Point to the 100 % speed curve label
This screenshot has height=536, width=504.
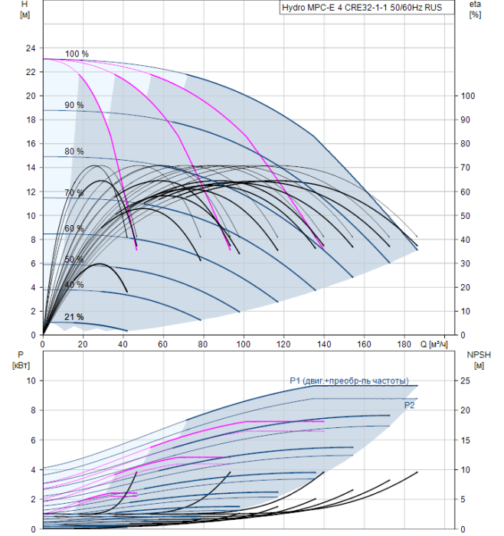(x=77, y=54)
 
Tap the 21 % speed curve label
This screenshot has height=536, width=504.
(x=74, y=317)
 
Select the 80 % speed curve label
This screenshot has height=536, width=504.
(x=74, y=151)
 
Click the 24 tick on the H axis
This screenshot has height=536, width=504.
(x=31, y=48)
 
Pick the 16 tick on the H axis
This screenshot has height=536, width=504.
(x=31, y=144)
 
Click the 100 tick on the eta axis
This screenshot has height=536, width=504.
(x=468, y=96)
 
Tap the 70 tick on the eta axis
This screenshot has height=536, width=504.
(x=466, y=168)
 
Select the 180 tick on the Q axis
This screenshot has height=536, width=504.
(x=404, y=344)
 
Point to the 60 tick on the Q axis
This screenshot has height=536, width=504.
(x=162, y=344)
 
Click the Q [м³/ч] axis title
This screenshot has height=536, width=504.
(x=434, y=344)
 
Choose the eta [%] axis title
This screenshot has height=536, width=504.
(x=476, y=9)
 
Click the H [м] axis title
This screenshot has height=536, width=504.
(x=25, y=9)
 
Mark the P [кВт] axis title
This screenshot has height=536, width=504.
(x=21, y=361)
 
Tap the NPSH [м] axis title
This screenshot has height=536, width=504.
(x=479, y=361)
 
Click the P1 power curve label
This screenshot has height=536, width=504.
(x=349, y=381)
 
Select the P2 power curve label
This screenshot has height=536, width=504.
(x=409, y=405)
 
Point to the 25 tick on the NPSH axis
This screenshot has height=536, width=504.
(x=466, y=381)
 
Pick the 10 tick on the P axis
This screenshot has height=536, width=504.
(x=31, y=381)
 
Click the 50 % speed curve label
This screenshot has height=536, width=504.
(x=74, y=259)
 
